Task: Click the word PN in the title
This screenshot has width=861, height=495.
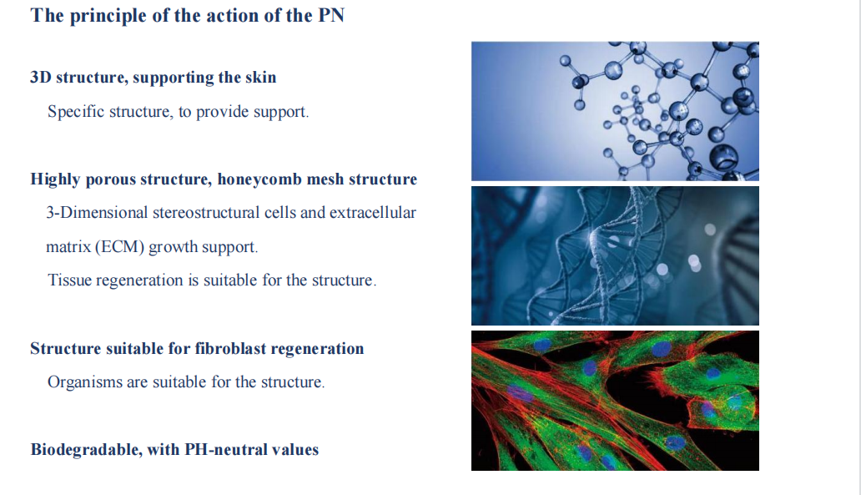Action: pyautogui.click(x=332, y=15)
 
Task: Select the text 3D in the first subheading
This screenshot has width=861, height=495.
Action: pyautogui.click(x=41, y=77)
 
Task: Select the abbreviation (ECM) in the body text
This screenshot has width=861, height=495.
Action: pyautogui.click(x=119, y=247)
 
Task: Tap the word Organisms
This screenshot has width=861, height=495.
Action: pyautogui.click(x=84, y=382)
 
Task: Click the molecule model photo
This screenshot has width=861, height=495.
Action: pyautogui.click(x=615, y=111)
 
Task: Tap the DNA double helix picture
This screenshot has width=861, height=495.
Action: pyautogui.click(x=615, y=256)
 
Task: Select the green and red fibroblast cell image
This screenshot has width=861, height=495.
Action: pyautogui.click(x=615, y=401)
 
